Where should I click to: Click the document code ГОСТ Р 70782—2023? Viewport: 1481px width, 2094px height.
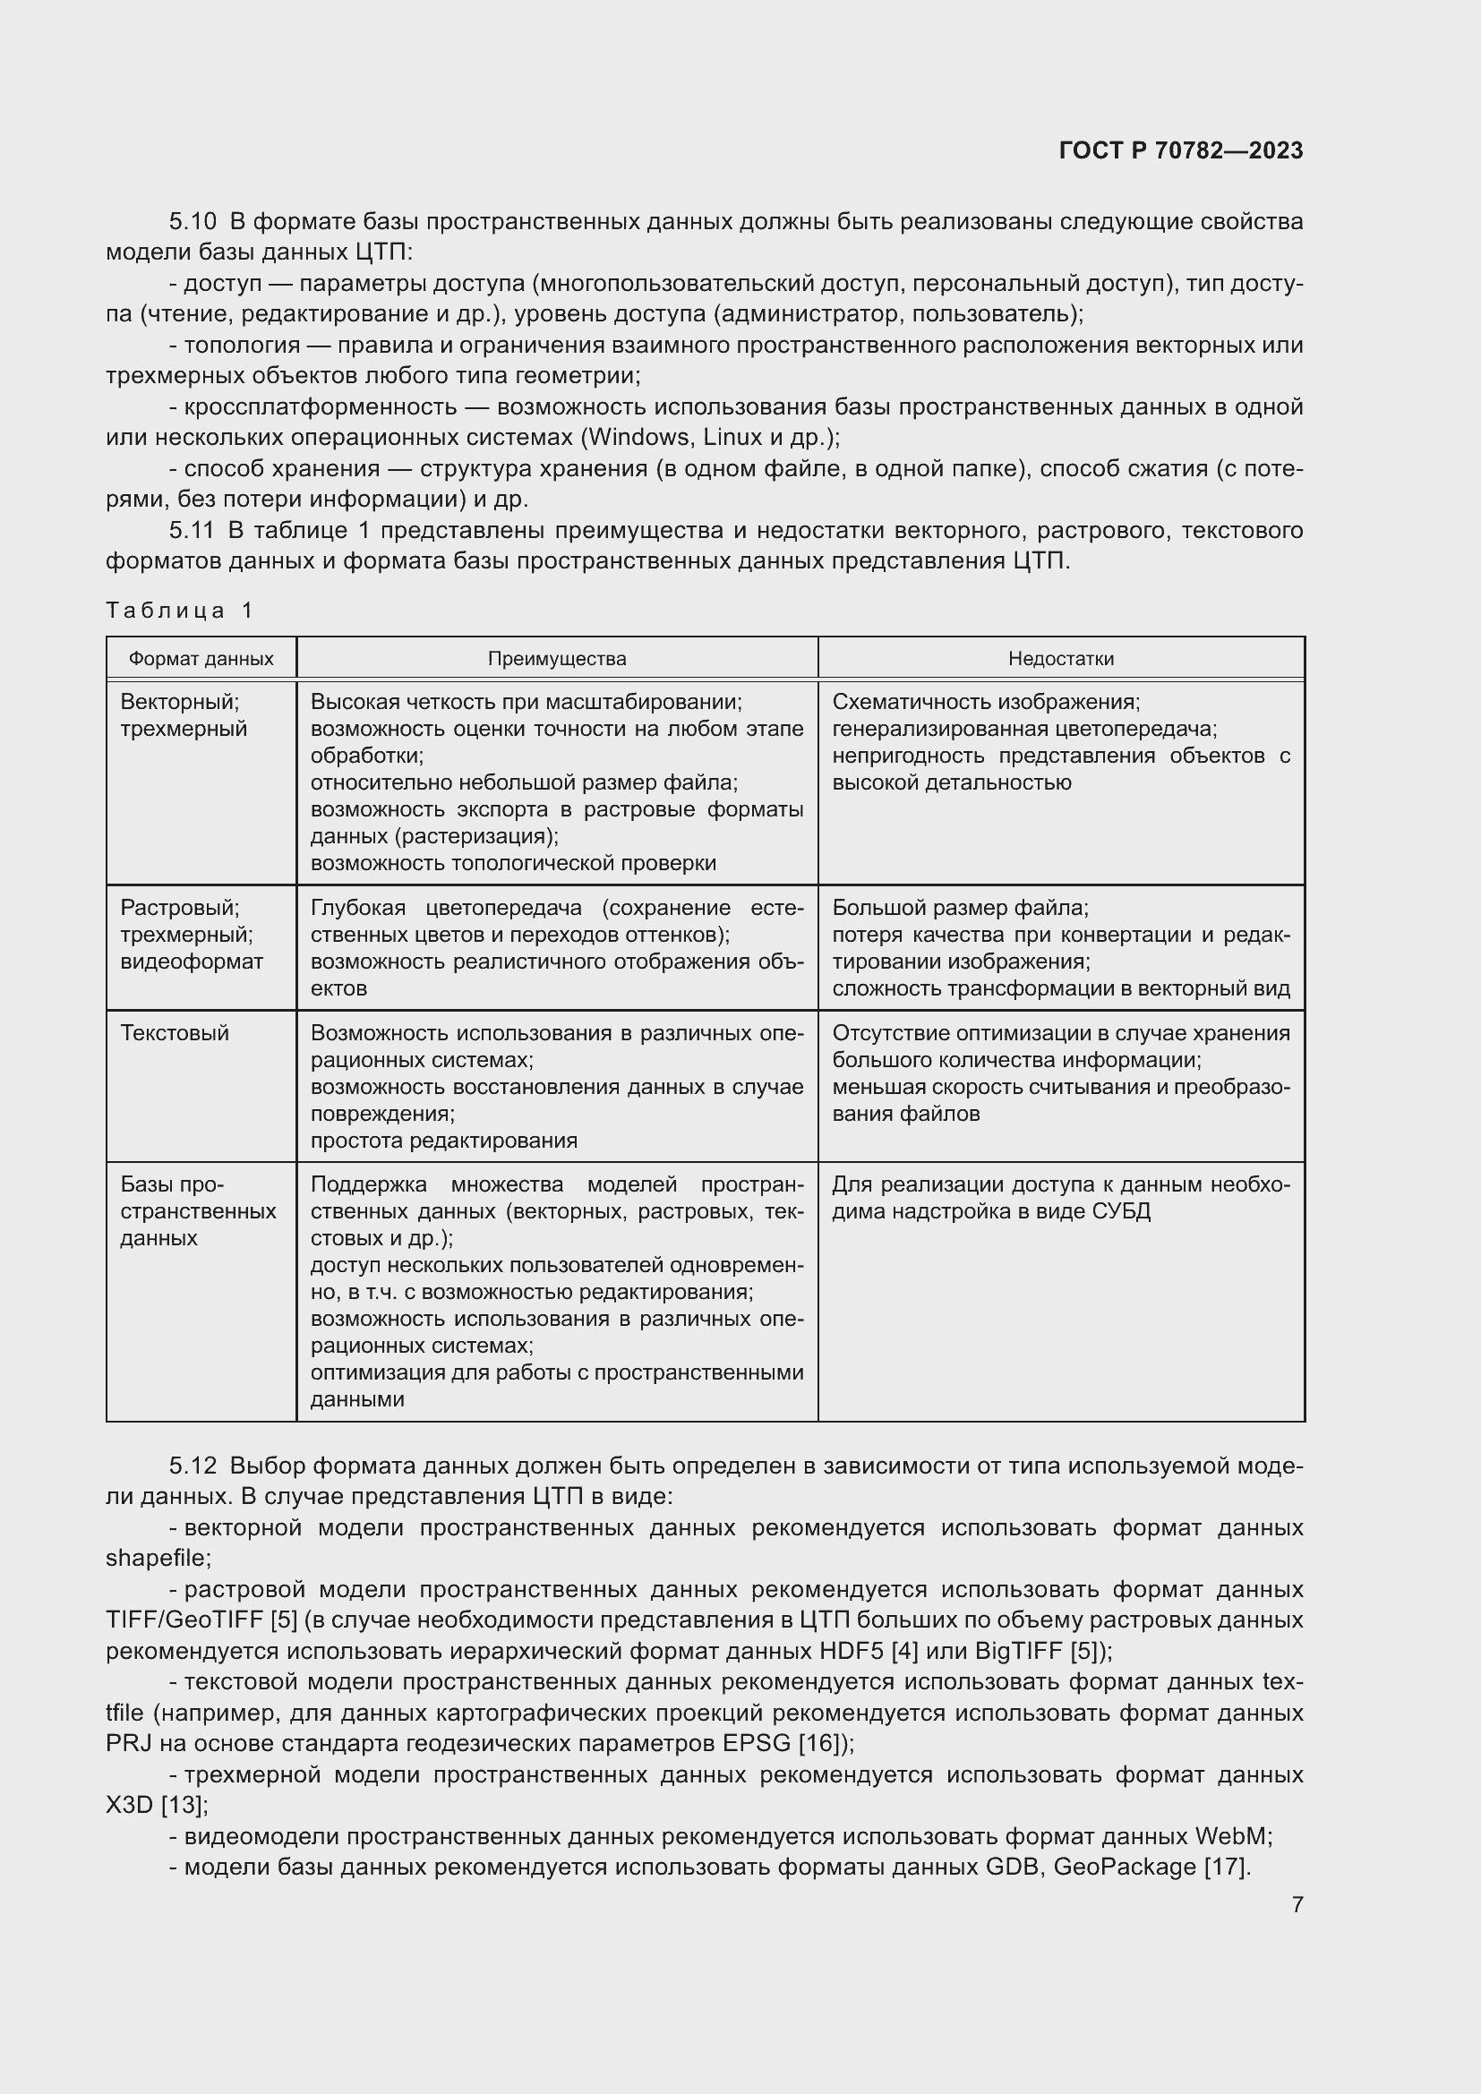pos(1181,151)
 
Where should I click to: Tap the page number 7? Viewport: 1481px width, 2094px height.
pos(1297,1904)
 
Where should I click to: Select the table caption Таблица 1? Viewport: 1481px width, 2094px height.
pos(180,611)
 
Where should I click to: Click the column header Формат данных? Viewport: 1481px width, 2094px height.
pos(201,659)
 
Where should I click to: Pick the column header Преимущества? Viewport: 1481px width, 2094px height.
pos(556,659)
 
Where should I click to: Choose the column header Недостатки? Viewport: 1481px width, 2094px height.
pos(1060,659)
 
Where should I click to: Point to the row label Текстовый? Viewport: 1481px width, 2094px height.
pos(175,1033)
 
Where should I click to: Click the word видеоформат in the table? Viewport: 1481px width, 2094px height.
pos(192,962)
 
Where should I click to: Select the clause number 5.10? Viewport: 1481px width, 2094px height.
pos(193,222)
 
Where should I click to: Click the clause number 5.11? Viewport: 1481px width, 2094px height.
pos(192,531)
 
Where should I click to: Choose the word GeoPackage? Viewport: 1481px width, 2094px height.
pos(1124,1867)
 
